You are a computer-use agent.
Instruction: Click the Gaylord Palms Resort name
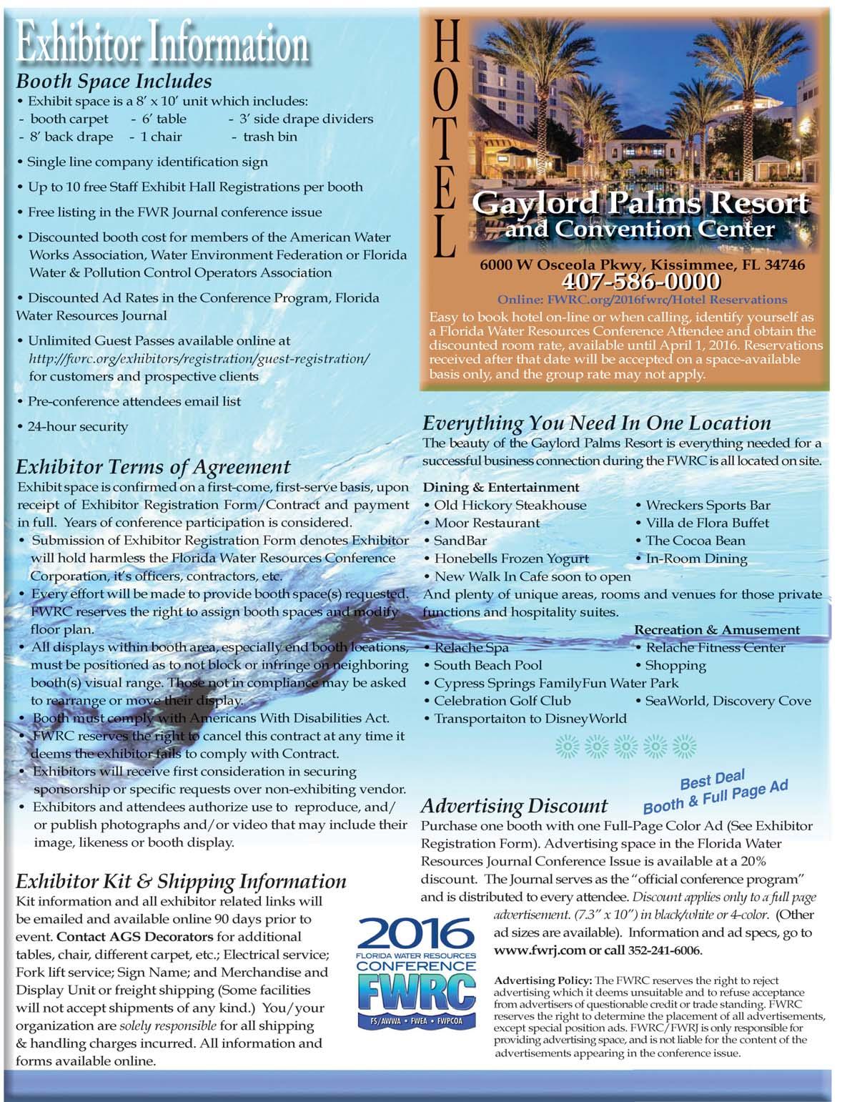point(640,204)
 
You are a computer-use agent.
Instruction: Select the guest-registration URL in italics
point(199,358)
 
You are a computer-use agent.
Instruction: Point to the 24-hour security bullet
point(77,427)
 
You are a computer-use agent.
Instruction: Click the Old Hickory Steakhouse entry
point(510,506)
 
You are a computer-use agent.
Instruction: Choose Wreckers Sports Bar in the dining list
point(708,506)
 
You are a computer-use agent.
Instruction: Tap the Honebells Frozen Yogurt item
point(512,559)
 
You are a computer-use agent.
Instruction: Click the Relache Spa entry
point(471,648)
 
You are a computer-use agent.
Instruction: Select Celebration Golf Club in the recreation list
point(502,701)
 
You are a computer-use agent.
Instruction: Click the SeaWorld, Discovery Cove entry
point(728,701)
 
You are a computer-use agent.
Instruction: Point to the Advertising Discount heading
point(514,806)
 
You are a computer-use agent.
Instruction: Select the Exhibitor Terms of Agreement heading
point(153,468)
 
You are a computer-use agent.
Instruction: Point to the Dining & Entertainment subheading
point(501,488)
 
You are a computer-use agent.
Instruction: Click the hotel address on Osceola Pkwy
point(642,265)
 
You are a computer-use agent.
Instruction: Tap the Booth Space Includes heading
point(114,82)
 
